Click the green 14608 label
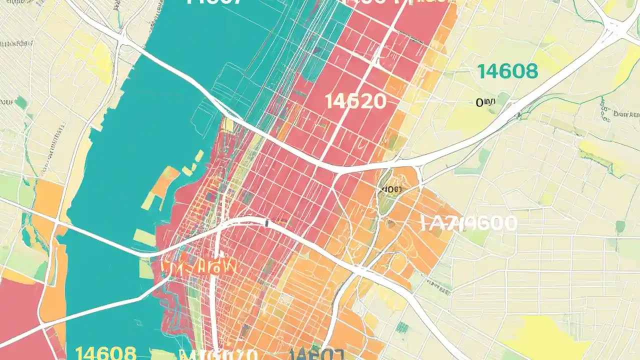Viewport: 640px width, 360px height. click(507, 72)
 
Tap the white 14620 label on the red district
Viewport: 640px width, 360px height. click(355, 101)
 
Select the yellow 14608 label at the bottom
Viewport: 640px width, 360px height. click(105, 353)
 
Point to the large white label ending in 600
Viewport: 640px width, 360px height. click(469, 223)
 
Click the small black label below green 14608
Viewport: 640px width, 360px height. click(485, 102)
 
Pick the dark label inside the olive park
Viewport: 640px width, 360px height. click(391, 189)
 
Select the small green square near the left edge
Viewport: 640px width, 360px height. click(20, 102)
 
